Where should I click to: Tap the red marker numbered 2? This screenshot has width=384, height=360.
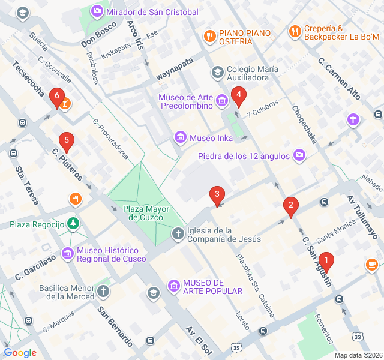click(291, 206)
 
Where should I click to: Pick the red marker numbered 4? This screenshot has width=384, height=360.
click(239, 95)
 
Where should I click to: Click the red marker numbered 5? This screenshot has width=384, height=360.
click(67, 142)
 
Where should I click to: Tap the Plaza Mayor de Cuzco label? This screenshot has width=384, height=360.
click(146, 214)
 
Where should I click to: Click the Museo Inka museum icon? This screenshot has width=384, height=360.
click(179, 138)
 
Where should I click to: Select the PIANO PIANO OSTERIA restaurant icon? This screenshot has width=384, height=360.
click(209, 35)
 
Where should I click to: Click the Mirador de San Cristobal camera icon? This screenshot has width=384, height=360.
click(97, 11)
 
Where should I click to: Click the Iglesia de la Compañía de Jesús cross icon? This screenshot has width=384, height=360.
click(178, 233)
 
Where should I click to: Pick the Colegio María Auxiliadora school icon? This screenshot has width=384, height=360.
click(217, 73)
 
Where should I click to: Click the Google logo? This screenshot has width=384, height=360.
click(20, 352)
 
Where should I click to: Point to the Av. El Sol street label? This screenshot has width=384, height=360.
click(199, 339)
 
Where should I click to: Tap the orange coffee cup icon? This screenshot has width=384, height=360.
click(371, 264)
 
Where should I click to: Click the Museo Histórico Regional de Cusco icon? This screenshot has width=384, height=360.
click(68, 254)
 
